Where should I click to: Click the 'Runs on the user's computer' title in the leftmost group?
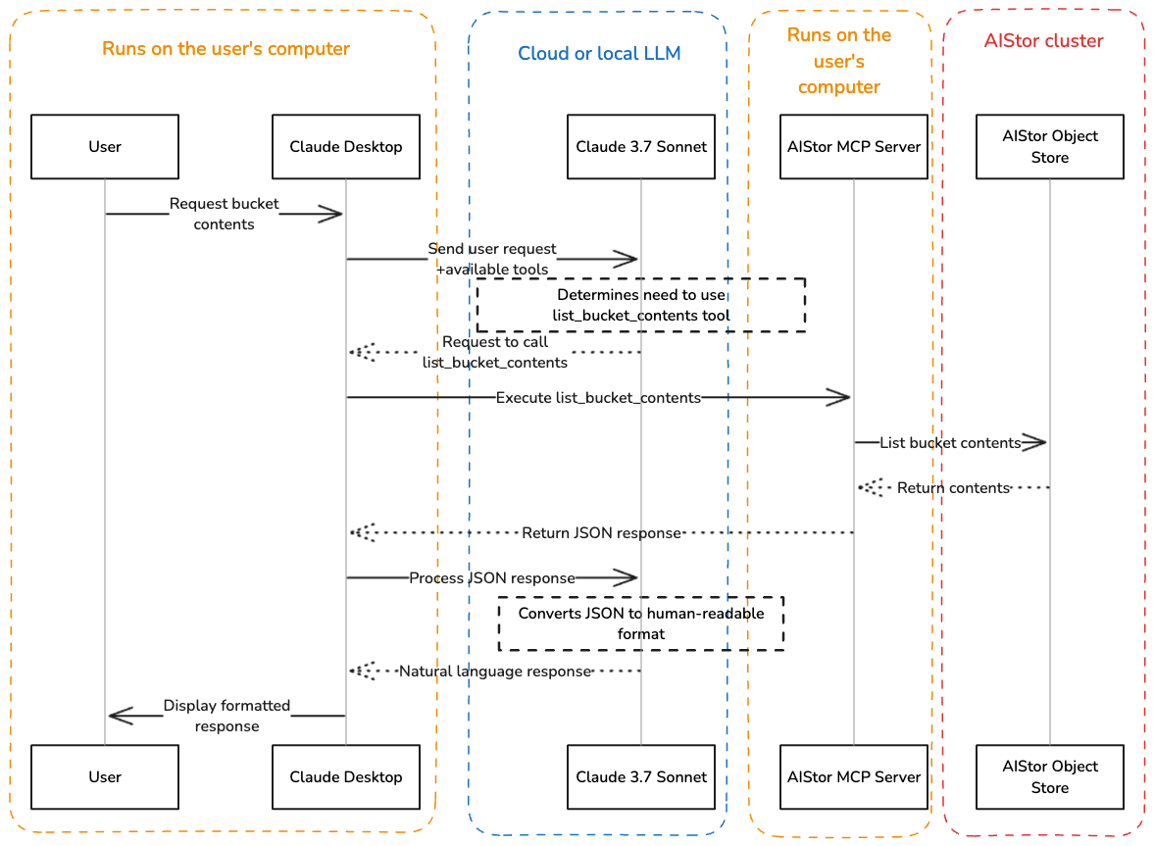coord(226,49)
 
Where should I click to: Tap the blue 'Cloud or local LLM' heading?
coord(599,53)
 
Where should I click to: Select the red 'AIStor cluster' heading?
coord(1043,41)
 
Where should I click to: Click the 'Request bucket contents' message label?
coord(225,214)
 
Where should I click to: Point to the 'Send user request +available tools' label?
coord(493,259)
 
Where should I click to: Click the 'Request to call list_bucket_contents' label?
coord(495,352)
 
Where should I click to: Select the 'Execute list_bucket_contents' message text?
coord(598,398)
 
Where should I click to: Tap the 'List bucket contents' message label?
coord(950,443)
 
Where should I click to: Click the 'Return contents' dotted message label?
coord(952,487)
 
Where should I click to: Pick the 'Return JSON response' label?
coord(601,533)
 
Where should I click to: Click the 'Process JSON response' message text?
coord(492,578)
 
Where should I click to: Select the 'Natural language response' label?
coord(495,672)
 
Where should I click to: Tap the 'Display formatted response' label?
coord(226,716)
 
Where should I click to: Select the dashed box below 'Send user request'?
coord(641,305)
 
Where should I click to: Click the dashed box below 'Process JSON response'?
coord(641,623)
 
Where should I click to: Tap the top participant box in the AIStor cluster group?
coord(1049,147)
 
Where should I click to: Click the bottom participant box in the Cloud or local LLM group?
coord(641,776)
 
